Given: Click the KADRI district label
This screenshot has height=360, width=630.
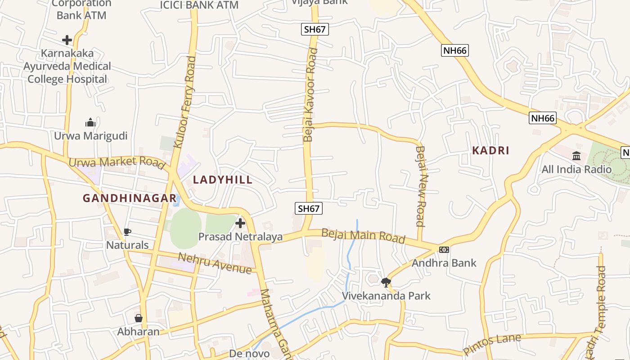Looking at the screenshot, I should (x=490, y=151).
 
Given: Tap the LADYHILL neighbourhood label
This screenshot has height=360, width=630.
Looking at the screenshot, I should (x=223, y=180).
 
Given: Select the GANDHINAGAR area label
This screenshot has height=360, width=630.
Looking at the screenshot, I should (x=130, y=198).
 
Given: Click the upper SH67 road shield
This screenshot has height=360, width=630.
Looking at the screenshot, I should (x=315, y=30).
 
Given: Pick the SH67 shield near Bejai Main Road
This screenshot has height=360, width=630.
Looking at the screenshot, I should (x=309, y=208).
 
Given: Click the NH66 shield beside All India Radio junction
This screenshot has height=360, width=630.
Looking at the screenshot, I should (x=543, y=118).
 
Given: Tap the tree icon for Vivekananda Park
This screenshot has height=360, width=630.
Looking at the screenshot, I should (x=386, y=283).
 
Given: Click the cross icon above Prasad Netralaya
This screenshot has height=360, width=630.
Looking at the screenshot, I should (x=240, y=223).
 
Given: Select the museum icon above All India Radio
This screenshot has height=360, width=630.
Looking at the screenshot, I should (x=576, y=156).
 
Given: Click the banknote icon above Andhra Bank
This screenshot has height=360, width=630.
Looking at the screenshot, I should (x=444, y=250).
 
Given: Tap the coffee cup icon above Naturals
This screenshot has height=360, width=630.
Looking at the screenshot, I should (x=127, y=232).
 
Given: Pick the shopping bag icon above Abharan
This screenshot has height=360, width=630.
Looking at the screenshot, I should (x=139, y=318).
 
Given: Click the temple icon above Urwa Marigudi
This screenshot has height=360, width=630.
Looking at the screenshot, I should (x=90, y=122).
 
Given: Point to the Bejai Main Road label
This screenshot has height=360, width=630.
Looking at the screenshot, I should (x=363, y=236).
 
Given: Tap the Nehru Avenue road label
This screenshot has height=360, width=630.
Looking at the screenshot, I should (x=215, y=263).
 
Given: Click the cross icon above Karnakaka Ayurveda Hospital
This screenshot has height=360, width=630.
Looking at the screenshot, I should (x=67, y=40).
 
